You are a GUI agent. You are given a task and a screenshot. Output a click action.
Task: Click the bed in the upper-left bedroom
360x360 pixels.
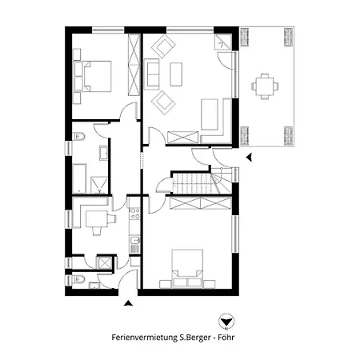(x=95, y=75)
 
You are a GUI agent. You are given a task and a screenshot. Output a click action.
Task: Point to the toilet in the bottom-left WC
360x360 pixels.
(x=78, y=280)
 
